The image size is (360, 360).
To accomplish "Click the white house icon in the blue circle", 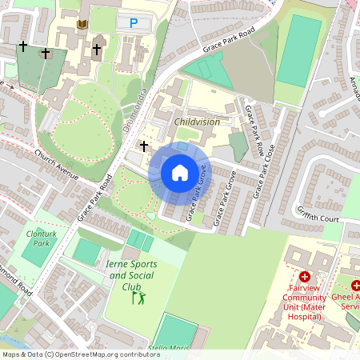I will click(x=180, y=172).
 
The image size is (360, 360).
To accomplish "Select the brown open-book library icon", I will click(x=81, y=26).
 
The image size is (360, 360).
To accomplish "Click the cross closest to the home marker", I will click(x=144, y=146).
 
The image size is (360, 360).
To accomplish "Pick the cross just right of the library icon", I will click(x=97, y=50).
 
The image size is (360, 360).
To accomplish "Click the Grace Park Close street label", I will click(x=264, y=171).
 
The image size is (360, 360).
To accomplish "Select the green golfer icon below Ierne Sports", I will click(x=139, y=298).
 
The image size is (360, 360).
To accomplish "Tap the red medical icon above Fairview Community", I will click(x=305, y=276).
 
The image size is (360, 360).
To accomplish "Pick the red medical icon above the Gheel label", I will click(x=355, y=285).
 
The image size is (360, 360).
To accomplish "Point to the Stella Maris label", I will click(x=169, y=349).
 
